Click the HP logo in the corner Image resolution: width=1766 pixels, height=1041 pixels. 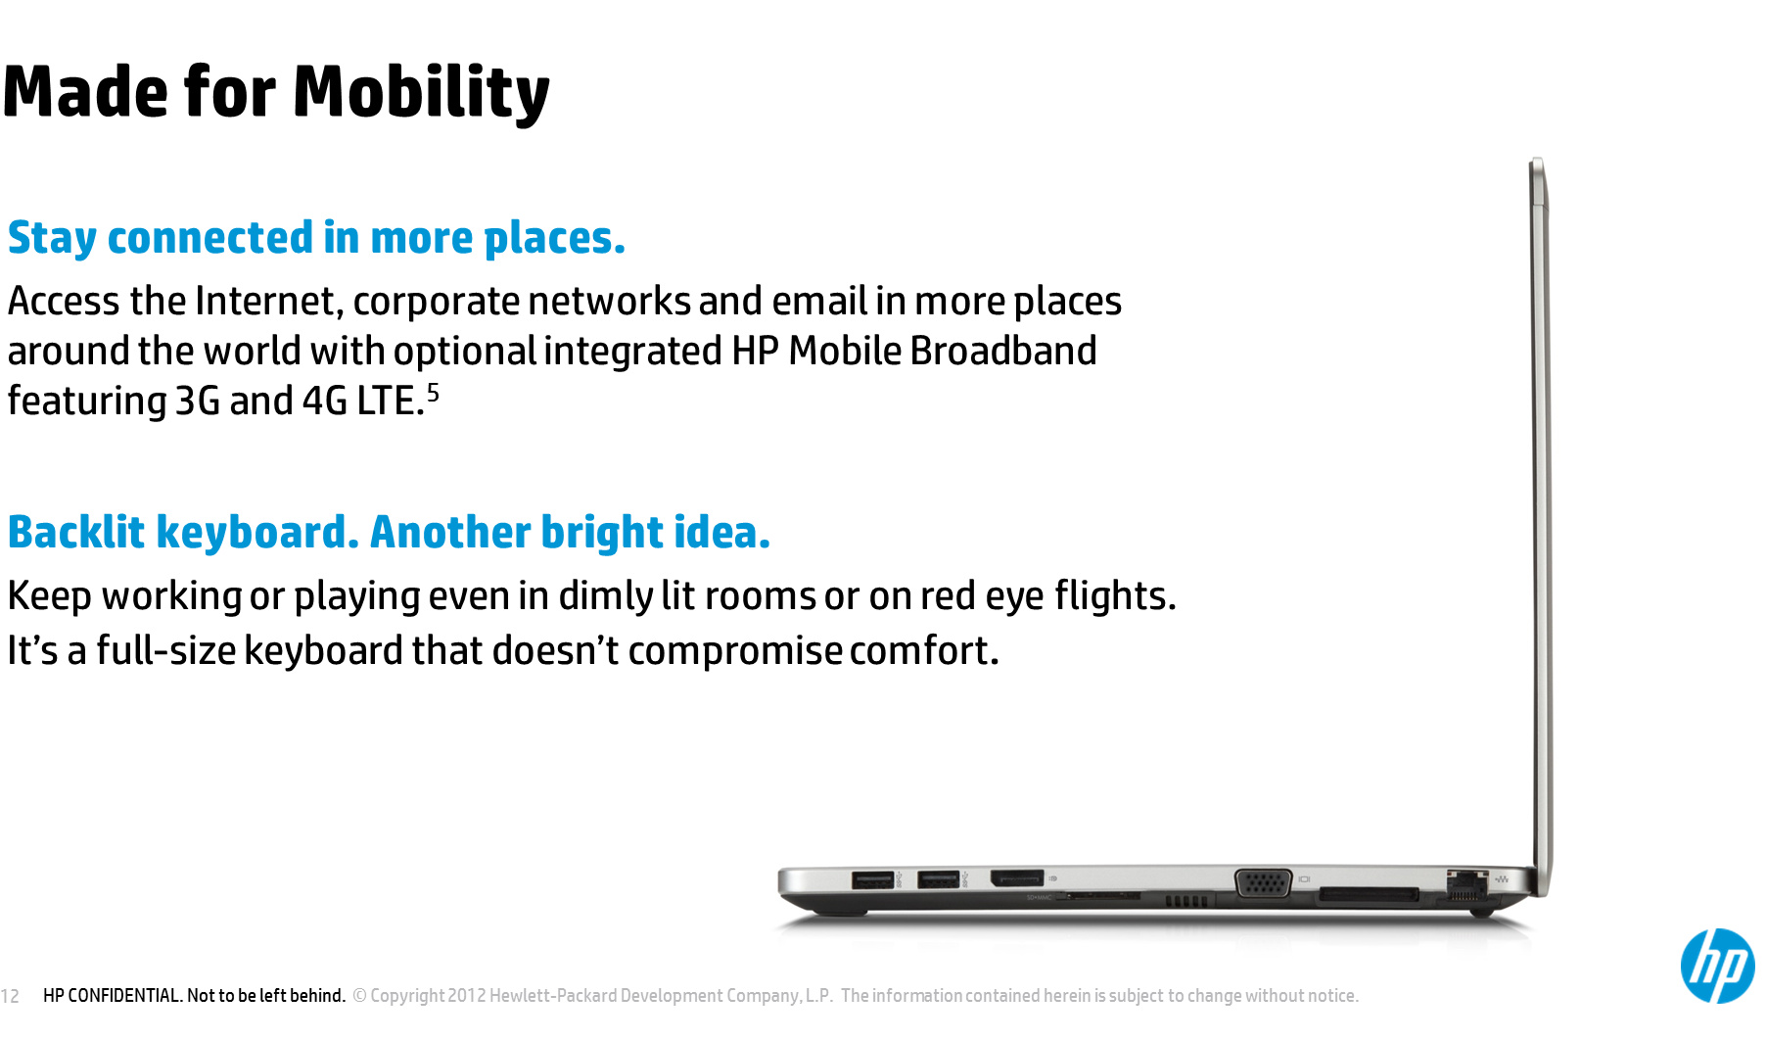(x=1717, y=966)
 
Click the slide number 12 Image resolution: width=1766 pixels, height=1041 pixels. (x=10, y=996)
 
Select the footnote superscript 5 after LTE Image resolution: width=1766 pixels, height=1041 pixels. (x=433, y=393)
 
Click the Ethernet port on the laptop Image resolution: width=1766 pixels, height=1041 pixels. (x=1466, y=885)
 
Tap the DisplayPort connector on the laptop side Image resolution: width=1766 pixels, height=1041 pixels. (x=1017, y=877)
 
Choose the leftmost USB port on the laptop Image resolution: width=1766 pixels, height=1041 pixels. (x=872, y=879)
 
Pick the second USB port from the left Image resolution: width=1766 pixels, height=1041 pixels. (x=938, y=879)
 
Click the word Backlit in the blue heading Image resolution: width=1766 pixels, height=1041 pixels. (x=76, y=532)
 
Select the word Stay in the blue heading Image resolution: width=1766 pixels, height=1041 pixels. (x=52, y=239)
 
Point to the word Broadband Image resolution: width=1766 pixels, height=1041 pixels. (x=1003, y=351)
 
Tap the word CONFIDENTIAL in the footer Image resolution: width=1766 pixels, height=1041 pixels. (x=125, y=996)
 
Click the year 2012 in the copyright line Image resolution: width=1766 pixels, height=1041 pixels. (x=466, y=996)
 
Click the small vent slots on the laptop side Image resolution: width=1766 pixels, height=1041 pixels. (x=1185, y=901)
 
